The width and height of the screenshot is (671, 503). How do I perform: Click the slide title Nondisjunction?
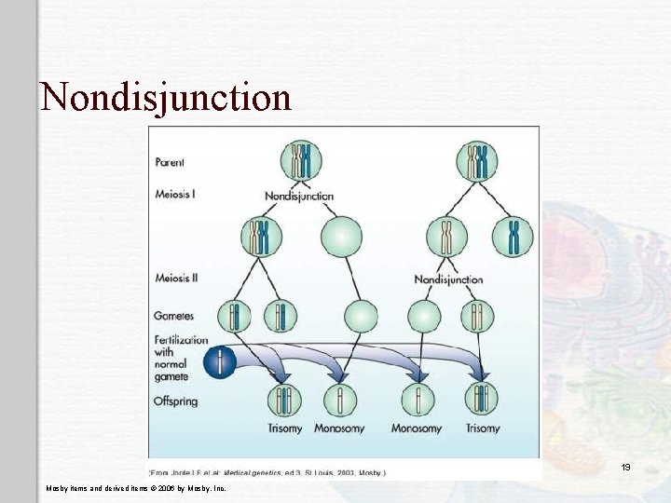pyautogui.click(x=166, y=97)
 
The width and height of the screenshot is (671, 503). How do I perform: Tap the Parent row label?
pyautogui.click(x=170, y=162)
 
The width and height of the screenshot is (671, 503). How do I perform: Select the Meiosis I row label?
pyautogui.click(x=175, y=195)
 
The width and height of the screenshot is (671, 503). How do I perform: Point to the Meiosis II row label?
pyautogui.click(x=176, y=278)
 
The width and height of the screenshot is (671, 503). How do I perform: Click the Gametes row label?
pyautogui.click(x=174, y=316)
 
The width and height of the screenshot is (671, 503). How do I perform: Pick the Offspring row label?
pyautogui.click(x=176, y=401)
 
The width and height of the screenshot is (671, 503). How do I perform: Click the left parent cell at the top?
pyautogui.click(x=299, y=160)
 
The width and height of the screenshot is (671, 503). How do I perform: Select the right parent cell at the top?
pyautogui.click(x=476, y=160)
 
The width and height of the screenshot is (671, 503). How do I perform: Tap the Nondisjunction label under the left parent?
pyautogui.click(x=299, y=197)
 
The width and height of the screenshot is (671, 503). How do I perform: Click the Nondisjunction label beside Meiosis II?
pyautogui.click(x=448, y=279)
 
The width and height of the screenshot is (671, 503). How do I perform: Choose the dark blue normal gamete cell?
pyautogui.click(x=221, y=361)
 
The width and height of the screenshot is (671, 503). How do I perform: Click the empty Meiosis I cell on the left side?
pyautogui.click(x=341, y=237)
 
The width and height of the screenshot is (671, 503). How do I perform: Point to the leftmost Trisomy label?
pyautogui.click(x=285, y=428)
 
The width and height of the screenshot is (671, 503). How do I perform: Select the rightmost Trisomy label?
pyautogui.click(x=481, y=428)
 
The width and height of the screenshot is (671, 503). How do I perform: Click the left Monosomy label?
pyautogui.click(x=340, y=428)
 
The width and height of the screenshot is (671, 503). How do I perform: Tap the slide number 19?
pyautogui.click(x=625, y=467)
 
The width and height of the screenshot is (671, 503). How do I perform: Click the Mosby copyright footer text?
pyautogui.click(x=135, y=487)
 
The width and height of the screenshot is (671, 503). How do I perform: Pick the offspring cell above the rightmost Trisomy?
pyautogui.click(x=481, y=400)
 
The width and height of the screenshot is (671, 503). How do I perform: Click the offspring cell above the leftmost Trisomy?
pyautogui.click(x=285, y=400)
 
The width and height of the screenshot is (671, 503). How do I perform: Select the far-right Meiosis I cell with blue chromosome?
pyautogui.click(x=513, y=237)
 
